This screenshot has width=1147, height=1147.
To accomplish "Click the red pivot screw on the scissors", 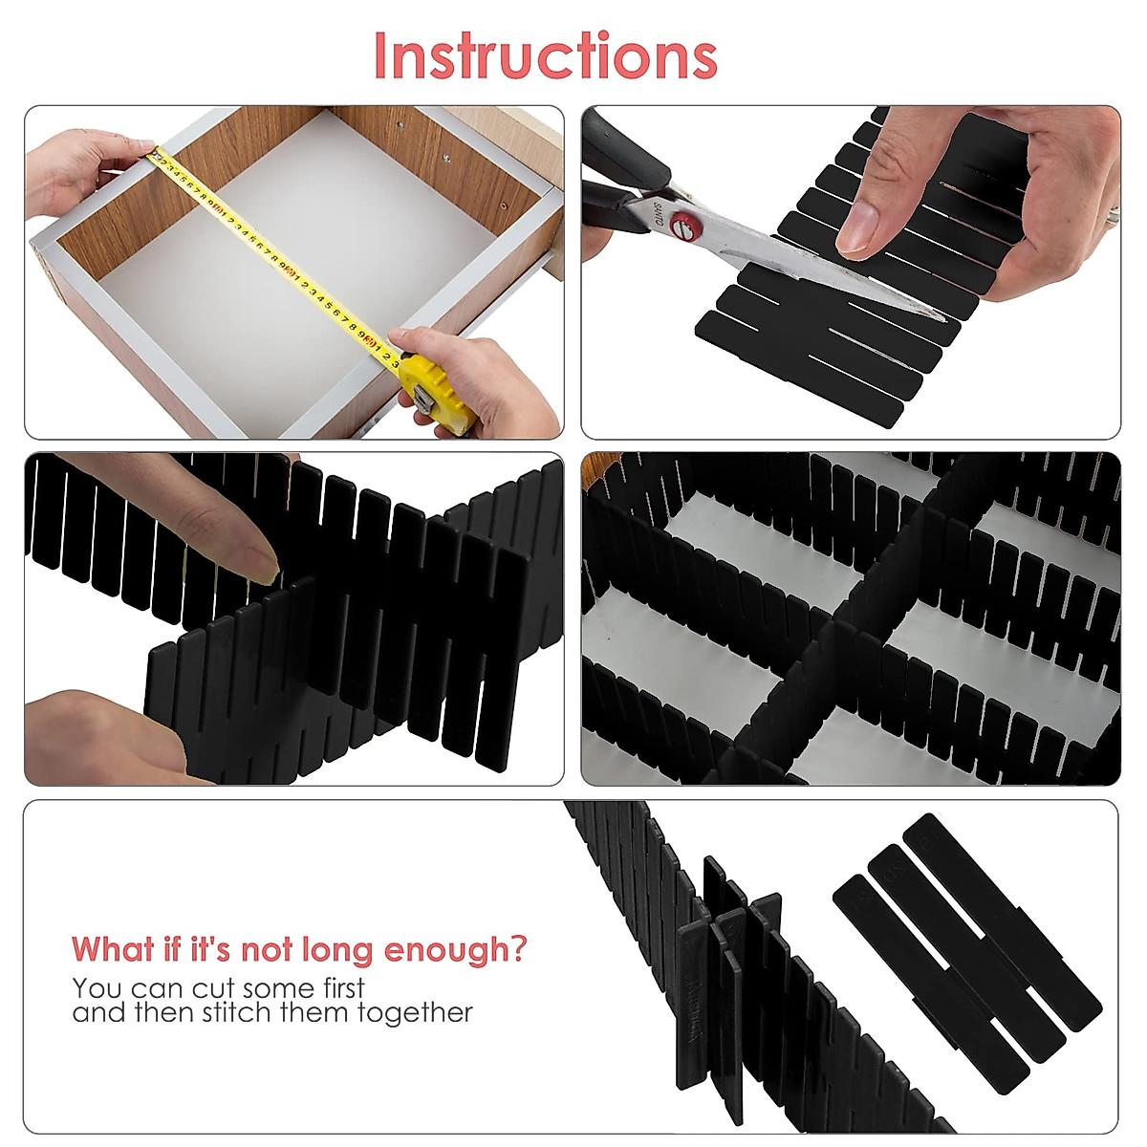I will [681, 227].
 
